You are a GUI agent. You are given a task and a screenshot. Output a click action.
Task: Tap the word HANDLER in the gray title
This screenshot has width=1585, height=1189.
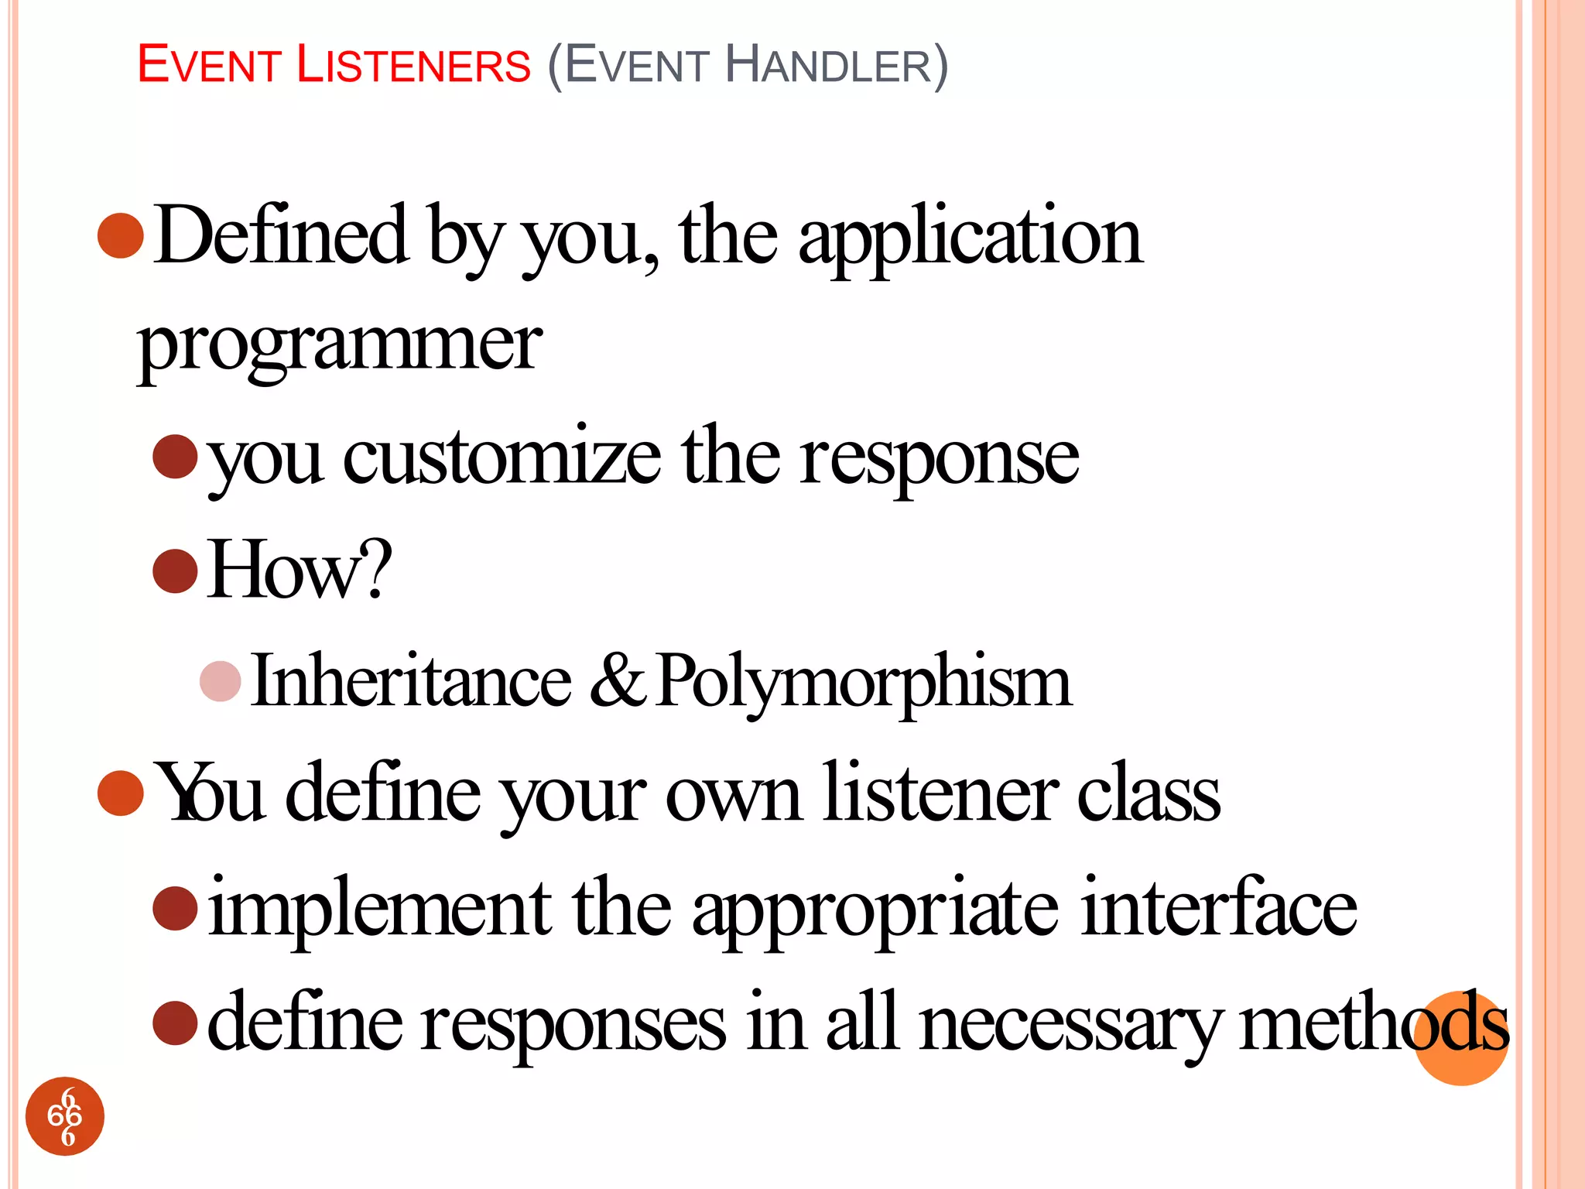coord(829,65)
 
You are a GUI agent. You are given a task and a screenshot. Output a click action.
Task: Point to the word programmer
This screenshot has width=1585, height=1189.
coord(340,344)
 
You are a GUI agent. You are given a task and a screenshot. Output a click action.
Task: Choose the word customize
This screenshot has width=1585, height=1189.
coord(502,457)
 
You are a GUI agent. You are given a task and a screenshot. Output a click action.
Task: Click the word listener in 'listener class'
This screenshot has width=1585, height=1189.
coord(940,793)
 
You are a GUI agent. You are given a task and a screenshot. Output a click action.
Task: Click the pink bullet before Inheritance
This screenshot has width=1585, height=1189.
coord(221,681)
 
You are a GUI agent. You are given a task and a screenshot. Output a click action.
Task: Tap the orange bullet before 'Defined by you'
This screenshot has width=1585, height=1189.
coord(122,235)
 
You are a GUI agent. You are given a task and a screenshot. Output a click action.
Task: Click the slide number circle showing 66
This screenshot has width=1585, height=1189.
coord(65,1115)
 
